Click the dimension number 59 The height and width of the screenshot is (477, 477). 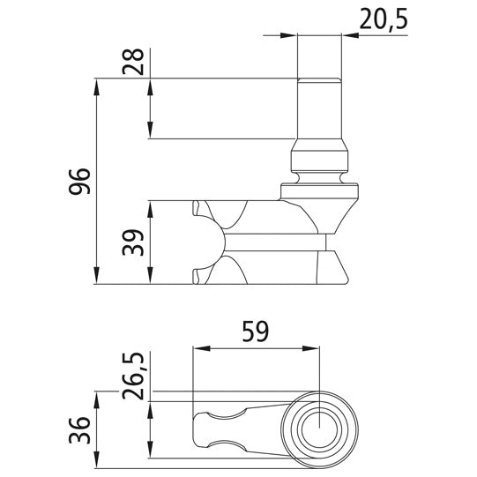255,332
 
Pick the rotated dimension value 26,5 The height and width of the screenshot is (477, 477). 134,376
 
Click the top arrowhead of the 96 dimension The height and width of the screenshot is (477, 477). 96,85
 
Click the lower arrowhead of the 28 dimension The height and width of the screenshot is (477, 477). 152,131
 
